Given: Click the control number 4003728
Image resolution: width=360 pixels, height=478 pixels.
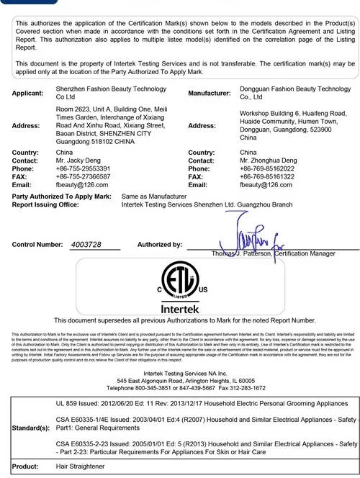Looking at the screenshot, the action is click(x=86, y=245).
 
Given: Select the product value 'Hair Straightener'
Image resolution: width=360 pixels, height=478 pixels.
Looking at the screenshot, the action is click(x=81, y=467).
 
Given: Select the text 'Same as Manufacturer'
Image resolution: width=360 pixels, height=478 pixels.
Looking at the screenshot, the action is click(x=154, y=197).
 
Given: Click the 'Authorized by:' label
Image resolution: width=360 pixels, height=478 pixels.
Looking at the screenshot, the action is click(x=159, y=245).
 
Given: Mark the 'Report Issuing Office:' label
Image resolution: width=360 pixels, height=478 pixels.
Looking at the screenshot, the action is click(x=45, y=204).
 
